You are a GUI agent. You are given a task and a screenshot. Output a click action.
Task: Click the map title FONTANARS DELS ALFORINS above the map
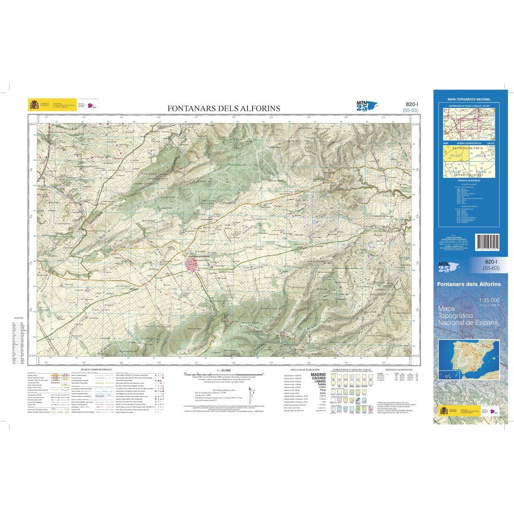(224, 109)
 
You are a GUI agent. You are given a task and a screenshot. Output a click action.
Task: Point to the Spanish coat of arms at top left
(33, 105)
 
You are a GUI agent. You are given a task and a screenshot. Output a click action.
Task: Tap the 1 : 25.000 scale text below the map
(224, 369)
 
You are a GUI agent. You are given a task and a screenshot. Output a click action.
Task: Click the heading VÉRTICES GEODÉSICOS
(398, 369)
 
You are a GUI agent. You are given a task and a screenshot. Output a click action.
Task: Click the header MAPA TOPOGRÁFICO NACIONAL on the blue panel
(469, 99)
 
